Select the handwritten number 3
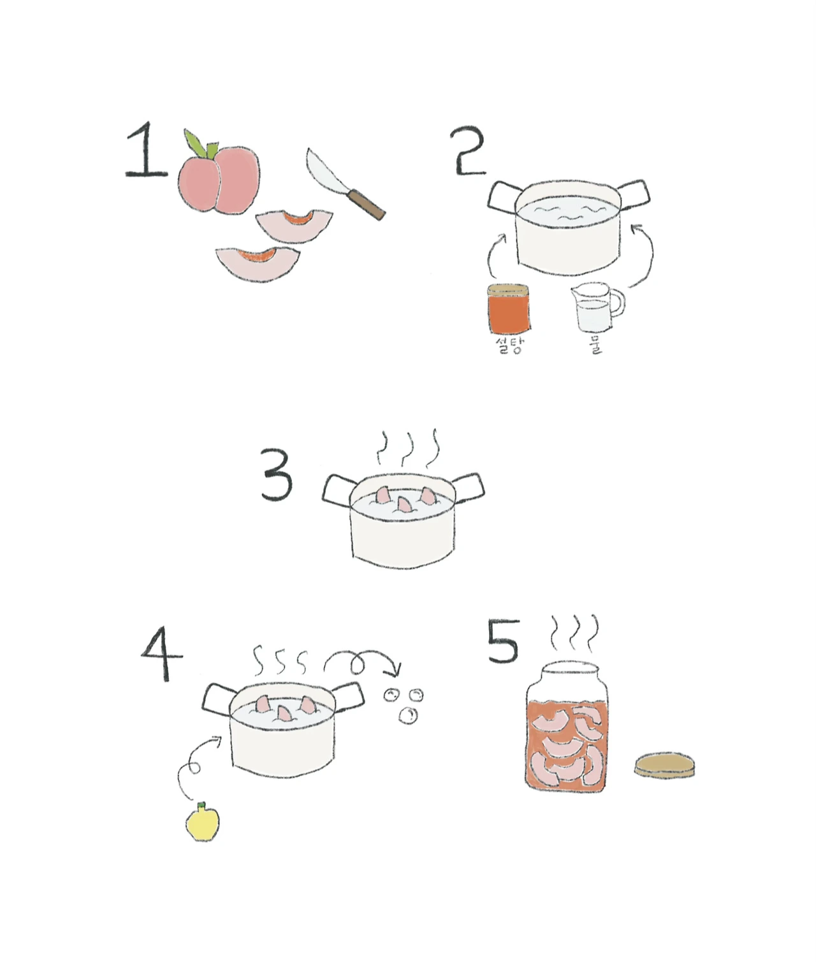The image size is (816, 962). pyautogui.click(x=277, y=474)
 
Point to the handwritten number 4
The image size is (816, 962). pyautogui.click(x=162, y=653)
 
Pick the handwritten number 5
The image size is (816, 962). pyautogui.click(x=503, y=641)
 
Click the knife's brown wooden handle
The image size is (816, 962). pyautogui.click(x=367, y=204)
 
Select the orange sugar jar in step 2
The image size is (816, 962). pyautogui.click(x=509, y=309)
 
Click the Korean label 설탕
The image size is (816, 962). pyautogui.click(x=510, y=346)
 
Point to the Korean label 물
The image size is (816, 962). pyautogui.click(x=595, y=346)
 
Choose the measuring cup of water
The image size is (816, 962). pyautogui.click(x=598, y=307)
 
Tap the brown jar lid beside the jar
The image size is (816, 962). pyautogui.click(x=664, y=764)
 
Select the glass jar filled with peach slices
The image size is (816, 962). pyautogui.click(x=567, y=727)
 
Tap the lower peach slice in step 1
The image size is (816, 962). pyautogui.click(x=258, y=264)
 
